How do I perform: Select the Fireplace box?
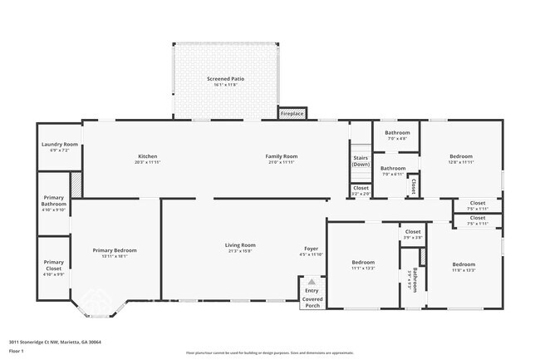pyautogui.click(x=292, y=113)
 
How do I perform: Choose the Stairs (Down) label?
pyautogui.click(x=361, y=160)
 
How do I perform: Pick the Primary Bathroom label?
pyautogui.click(x=53, y=201)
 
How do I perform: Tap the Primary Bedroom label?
pyautogui.click(x=115, y=253)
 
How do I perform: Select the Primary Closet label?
pyautogui.click(x=53, y=265)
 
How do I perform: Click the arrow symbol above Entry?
pyautogui.click(x=311, y=282)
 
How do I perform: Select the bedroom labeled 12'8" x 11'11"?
pyautogui.click(x=461, y=158)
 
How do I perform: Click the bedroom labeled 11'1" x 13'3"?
pyautogui.click(x=363, y=265)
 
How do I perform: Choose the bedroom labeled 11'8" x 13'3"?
pyautogui.click(x=463, y=265)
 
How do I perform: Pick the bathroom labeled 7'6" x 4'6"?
pyautogui.click(x=397, y=135)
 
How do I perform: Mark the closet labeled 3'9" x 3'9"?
pyautogui.click(x=413, y=234)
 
